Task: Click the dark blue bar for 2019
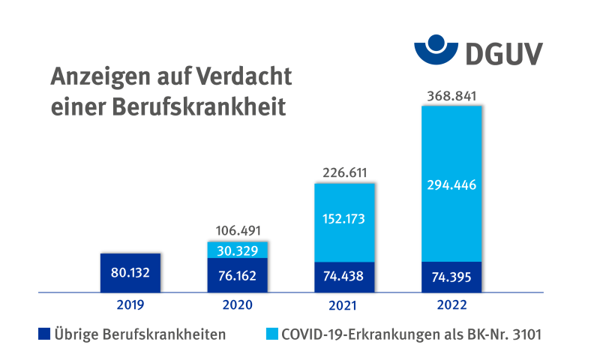click(x=130, y=272)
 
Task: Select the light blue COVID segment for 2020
click(x=237, y=250)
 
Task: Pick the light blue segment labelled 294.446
click(x=451, y=184)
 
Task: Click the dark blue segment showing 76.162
click(x=237, y=275)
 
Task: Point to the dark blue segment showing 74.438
click(x=344, y=276)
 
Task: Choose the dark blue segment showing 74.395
click(x=451, y=277)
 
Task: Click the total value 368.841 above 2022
click(x=451, y=96)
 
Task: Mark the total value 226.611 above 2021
click(x=344, y=173)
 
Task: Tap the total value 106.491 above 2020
click(x=237, y=231)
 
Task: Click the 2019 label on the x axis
click(x=130, y=305)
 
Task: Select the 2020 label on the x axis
click(x=237, y=305)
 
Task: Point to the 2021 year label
click(x=344, y=305)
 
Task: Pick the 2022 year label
click(x=451, y=305)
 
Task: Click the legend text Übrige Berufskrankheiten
click(x=139, y=334)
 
